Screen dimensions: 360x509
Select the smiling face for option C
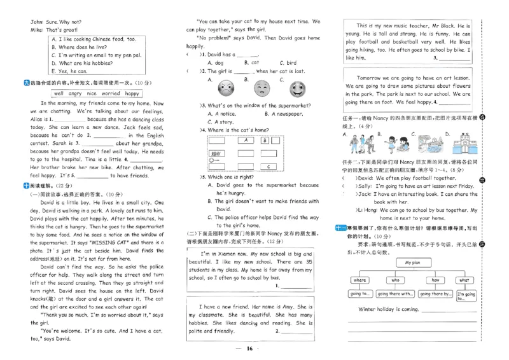tap(296, 87)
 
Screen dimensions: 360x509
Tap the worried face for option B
tap(261, 87)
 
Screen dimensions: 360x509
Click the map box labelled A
tap(244, 141)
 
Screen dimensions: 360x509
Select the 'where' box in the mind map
tap(359, 280)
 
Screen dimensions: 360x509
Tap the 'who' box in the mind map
tap(395, 280)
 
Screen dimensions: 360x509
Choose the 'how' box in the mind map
tap(435, 280)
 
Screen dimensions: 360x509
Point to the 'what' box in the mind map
tap(465, 280)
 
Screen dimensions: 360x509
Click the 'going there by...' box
tap(435, 294)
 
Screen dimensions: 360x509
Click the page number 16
tap(249, 349)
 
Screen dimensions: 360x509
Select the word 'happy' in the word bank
tap(132, 93)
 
